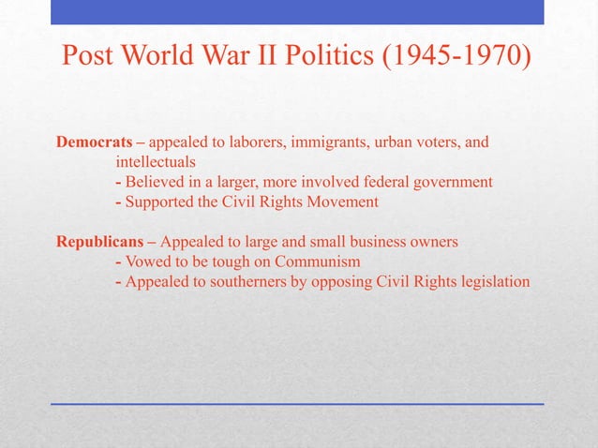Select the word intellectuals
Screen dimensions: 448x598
pyautogui.click(x=156, y=162)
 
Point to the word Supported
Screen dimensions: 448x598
pyautogui.click(x=158, y=202)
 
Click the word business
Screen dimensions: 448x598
pyautogui.click(x=380, y=241)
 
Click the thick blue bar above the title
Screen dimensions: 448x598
pyautogui.click(x=297, y=12)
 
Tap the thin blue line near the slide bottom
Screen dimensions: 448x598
pyautogui.click(x=297, y=404)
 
